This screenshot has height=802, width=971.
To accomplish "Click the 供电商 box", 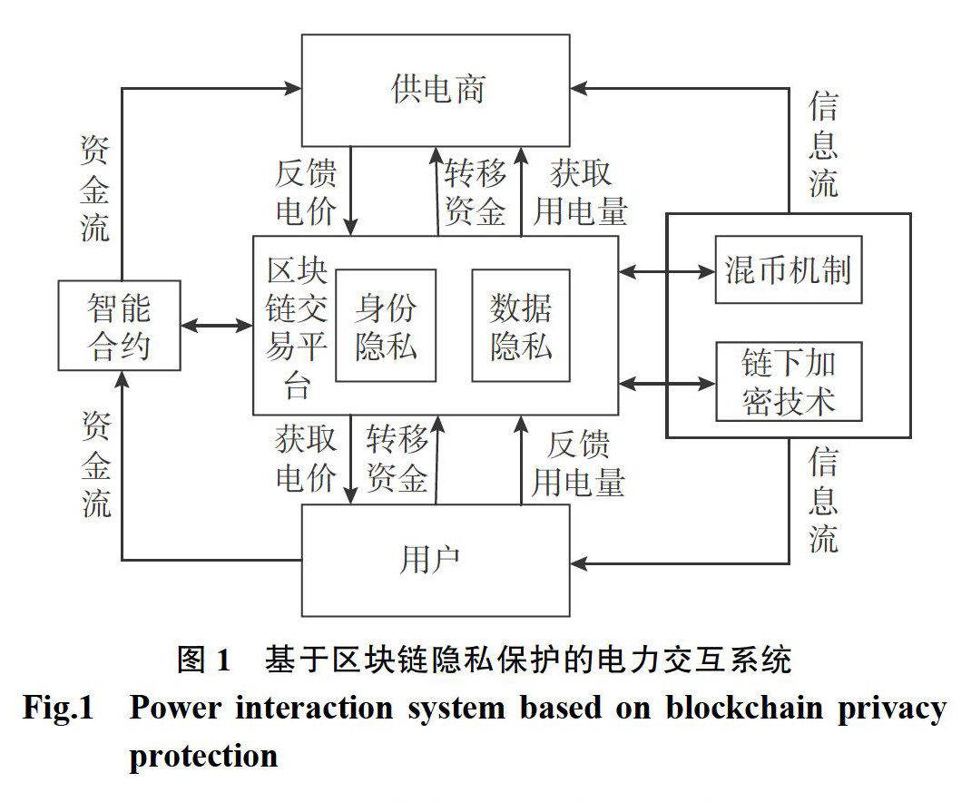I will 436,89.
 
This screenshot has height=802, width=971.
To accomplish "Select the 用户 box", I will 436,559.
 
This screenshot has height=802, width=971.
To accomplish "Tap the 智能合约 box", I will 119,326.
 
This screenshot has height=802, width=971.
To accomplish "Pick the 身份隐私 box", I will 385,326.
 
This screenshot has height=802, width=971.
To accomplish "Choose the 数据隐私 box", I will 521,326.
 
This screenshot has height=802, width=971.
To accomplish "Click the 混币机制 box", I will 788,269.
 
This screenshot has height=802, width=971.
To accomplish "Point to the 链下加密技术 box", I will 788,382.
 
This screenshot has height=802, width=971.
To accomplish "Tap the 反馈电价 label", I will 306,192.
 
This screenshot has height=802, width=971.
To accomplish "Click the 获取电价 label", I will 306,459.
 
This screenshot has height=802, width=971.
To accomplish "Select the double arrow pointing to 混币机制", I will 667,270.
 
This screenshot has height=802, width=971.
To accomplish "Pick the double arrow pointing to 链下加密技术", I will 667,384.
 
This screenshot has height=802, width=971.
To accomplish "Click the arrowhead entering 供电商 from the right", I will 579,88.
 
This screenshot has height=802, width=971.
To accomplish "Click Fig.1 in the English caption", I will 58,709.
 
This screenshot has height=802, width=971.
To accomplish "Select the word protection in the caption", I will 203,756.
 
